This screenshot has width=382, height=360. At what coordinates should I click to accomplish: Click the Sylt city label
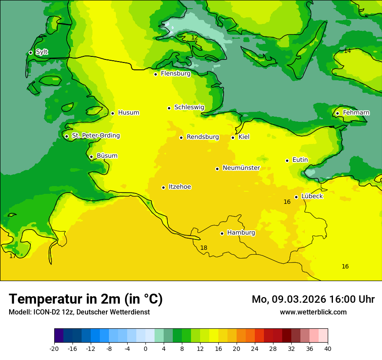click(x=42, y=52)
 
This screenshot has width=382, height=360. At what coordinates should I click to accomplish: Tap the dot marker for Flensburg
click(x=155, y=74)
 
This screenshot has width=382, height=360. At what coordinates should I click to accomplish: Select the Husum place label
click(x=128, y=113)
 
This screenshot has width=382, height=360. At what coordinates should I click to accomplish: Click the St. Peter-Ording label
click(x=95, y=136)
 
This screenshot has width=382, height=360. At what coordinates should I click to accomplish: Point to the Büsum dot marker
click(x=91, y=157)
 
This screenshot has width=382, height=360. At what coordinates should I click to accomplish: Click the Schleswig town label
click(x=189, y=107)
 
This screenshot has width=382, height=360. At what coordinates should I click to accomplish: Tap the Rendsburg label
click(x=203, y=137)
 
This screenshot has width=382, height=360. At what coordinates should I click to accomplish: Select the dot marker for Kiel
click(x=233, y=137)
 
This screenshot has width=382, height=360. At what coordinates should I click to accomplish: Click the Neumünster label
click(x=241, y=168)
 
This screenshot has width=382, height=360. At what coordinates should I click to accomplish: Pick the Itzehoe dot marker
click(x=163, y=187)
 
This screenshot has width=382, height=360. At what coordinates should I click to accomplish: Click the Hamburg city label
click(x=241, y=232)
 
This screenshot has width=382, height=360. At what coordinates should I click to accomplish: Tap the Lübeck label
click(x=312, y=196)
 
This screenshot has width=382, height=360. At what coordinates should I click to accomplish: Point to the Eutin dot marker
click(x=287, y=160)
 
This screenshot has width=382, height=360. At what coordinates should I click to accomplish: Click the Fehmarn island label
click(x=356, y=113)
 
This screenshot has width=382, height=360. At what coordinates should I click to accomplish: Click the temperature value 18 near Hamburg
click(x=204, y=248)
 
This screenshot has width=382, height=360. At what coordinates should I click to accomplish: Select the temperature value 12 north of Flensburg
click(x=194, y=38)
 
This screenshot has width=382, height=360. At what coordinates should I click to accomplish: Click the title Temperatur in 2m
click(x=86, y=299)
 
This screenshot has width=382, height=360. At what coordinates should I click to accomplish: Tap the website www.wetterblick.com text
click(x=313, y=312)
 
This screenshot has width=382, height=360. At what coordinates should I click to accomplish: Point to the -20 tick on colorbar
click(x=54, y=348)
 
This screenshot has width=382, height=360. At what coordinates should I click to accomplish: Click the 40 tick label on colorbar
click(x=327, y=348)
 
